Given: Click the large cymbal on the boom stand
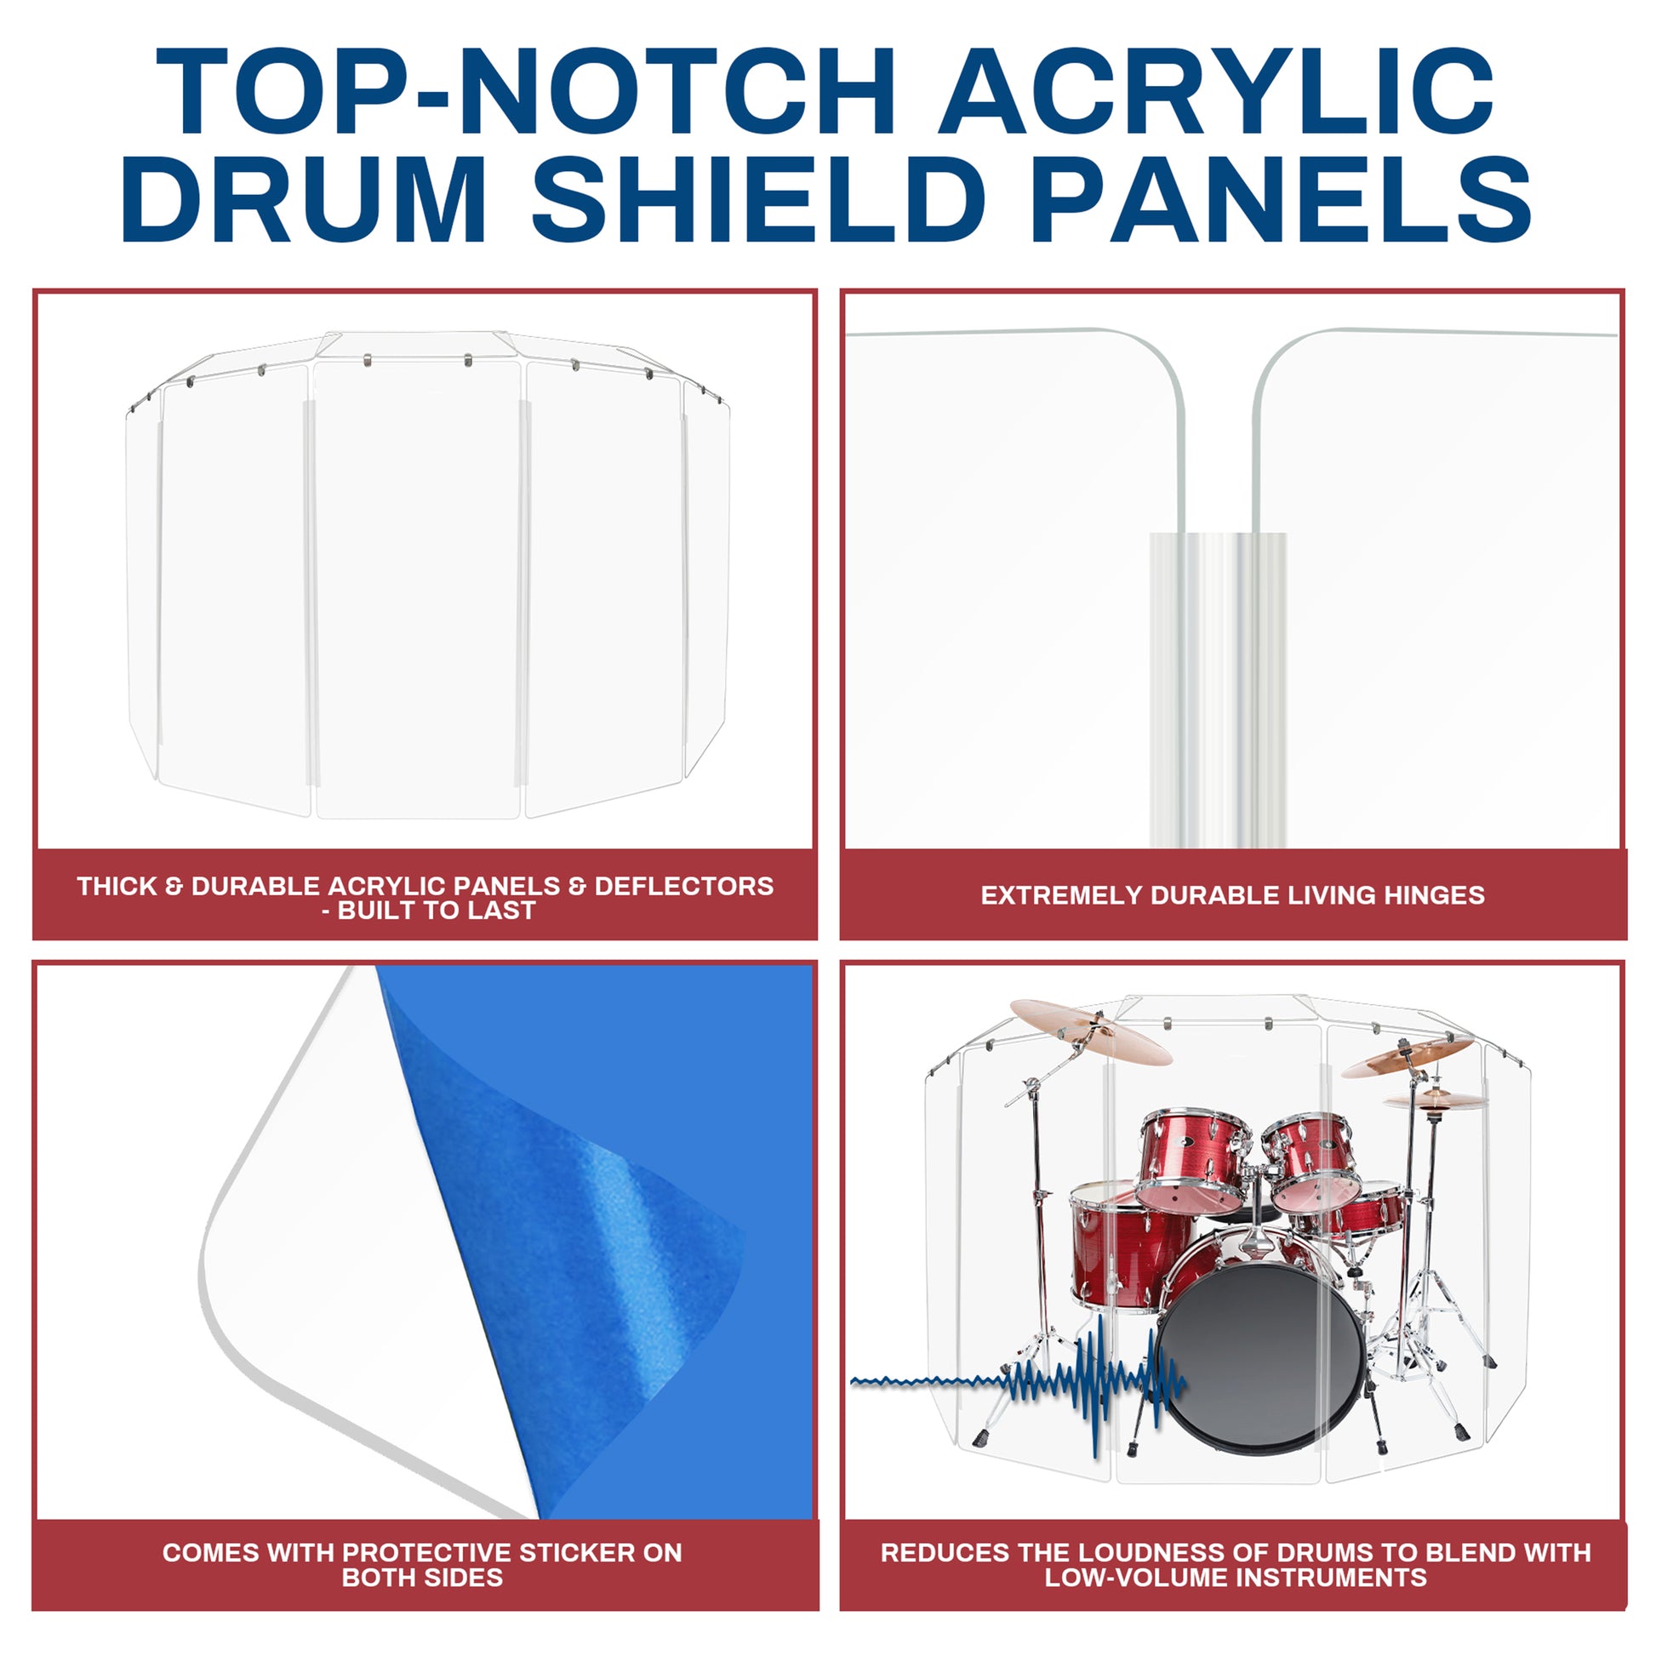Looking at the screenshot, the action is [x=1090, y=1031].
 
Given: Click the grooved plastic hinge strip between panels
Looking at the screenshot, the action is [x=1217, y=691].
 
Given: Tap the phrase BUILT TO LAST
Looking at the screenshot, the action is [x=437, y=911].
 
